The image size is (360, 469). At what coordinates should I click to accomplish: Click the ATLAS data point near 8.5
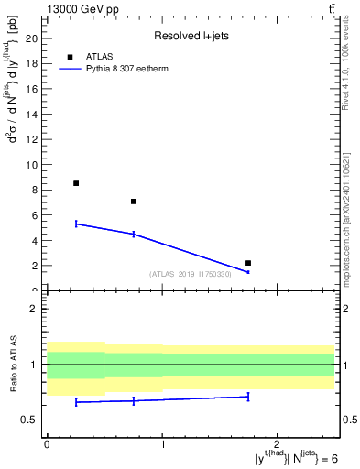coord(76,183)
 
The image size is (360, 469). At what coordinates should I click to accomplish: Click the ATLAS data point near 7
coord(134,202)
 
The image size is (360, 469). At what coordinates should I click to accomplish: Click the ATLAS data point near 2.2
coord(248,263)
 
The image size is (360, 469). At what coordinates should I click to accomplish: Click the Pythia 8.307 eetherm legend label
coord(130,69)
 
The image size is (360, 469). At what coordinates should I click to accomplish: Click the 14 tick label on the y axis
coord(37,115)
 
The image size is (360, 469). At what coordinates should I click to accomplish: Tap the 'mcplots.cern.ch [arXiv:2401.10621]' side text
coord(352,208)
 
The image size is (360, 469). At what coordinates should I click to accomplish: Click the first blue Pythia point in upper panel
coord(76,224)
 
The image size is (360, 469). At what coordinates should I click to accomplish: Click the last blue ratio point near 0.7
coord(248,397)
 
